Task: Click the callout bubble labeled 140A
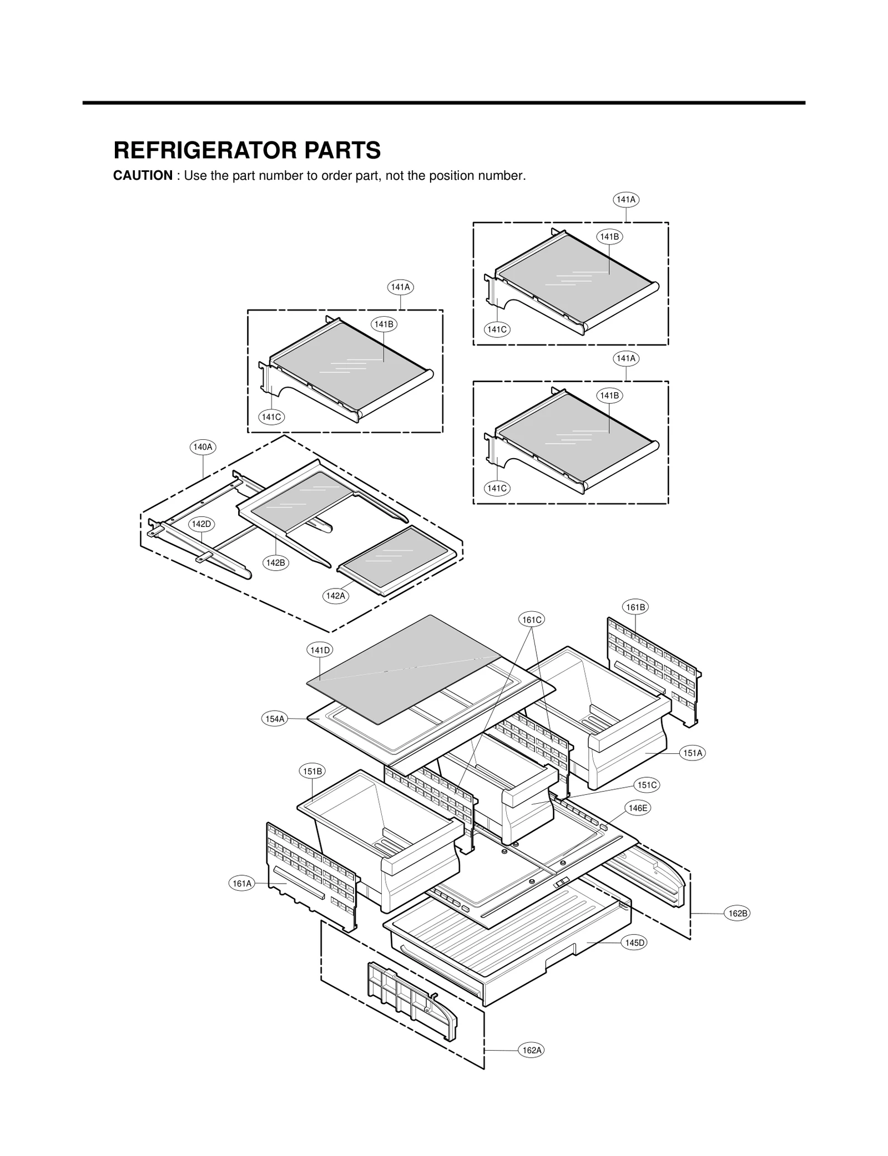click(203, 447)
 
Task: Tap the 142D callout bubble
click(201, 524)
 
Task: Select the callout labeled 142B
click(275, 562)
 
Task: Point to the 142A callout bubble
click(336, 596)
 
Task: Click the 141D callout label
click(320, 650)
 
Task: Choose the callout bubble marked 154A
click(275, 719)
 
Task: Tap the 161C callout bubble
click(532, 620)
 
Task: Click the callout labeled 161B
click(635, 607)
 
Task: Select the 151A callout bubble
click(693, 753)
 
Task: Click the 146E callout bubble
click(638, 808)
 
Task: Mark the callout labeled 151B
click(312, 771)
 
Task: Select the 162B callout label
click(738, 914)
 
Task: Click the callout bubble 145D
click(634, 942)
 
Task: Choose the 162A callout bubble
click(532, 1050)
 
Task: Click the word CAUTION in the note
click(143, 176)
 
